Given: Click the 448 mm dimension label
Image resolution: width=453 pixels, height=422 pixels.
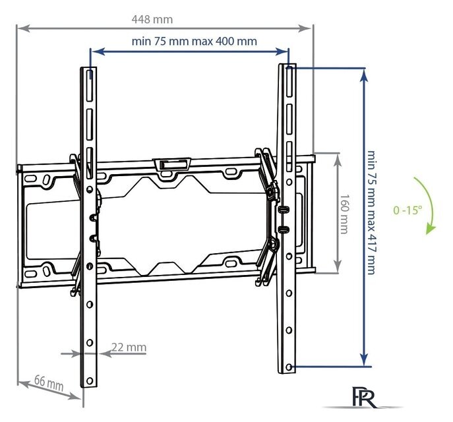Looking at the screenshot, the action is (x=152, y=19).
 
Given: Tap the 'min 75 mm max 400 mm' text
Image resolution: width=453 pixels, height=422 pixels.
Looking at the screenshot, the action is (x=194, y=41).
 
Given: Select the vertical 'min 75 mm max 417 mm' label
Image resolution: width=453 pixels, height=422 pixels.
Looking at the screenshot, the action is (x=371, y=212).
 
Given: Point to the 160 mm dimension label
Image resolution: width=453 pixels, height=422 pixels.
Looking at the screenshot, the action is (x=344, y=214).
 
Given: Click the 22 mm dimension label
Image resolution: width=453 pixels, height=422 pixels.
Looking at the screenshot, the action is (x=129, y=347).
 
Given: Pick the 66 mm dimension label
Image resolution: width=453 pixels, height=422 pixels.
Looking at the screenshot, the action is (x=49, y=382).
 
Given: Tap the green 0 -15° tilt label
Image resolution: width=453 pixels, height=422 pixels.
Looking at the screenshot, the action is (x=408, y=210).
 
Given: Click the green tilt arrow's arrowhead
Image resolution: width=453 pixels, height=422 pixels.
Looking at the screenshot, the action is (x=430, y=229).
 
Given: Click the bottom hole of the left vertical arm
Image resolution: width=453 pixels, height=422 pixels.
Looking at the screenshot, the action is (x=90, y=380).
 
